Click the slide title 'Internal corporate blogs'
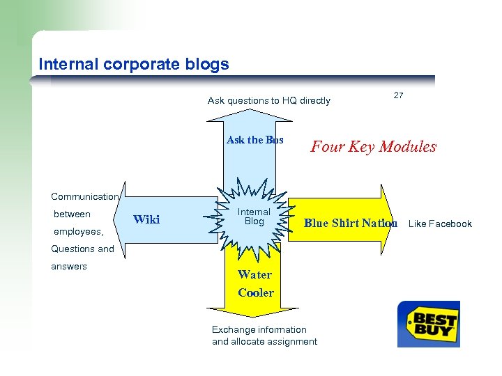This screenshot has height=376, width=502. [x=134, y=65]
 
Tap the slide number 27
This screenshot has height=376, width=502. [x=398, y=95]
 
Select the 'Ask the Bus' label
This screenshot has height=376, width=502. [x=255, y=140]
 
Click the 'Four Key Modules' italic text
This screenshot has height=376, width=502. [x=374, y=146]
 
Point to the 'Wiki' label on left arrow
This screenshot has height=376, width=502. [x=146, y=220]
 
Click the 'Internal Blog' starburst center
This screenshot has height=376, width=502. [x=254, y=217]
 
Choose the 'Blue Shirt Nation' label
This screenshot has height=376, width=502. [x=351, y=223]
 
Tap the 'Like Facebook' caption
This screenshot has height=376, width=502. [x=440, y=224]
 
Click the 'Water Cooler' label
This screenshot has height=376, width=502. [x=255, y=283]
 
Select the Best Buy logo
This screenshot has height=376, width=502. [x=429, y=324]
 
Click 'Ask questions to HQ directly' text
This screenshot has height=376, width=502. [x=269, y=100]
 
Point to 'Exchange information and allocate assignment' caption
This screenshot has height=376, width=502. [x=264, y=336]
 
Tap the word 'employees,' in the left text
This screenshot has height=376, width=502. [x=78, y=231]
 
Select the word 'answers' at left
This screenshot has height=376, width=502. [x=69, y=266]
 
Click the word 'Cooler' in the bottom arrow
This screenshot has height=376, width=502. [x=256, y=292]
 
